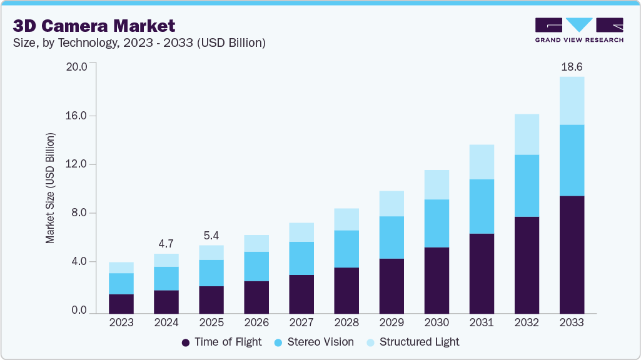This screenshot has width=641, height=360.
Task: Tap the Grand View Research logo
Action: click(x=579, y=30)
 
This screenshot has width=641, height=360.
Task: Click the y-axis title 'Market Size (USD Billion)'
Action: click(x=49, y=188)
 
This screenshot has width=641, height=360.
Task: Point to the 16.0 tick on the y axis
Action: click(x=79, y=116)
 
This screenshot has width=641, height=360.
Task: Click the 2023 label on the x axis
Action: click(x=121, y=322)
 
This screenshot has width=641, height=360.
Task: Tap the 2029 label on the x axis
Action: click(x=391, y=322)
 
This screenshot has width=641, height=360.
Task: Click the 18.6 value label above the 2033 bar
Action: click(x=572, y=66)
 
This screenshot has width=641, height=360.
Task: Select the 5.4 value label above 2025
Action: click(x=211, y=236)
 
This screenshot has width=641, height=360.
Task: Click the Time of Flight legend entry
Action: click(x=221, y=342)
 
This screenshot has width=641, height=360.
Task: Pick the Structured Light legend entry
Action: click(x=412, y=342)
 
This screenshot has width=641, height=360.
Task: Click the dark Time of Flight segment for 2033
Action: click(x=572, y=254)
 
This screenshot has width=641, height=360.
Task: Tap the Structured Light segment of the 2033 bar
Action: click(x=572, y=101)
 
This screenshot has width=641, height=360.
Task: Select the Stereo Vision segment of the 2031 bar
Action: click(x=482, y=206)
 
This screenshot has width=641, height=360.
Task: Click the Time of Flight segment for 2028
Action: click(x=346, y=290)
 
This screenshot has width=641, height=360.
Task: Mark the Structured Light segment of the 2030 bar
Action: click(x=437, y=184)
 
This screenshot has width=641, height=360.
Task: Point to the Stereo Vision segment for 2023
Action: click(x=121, y=284)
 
